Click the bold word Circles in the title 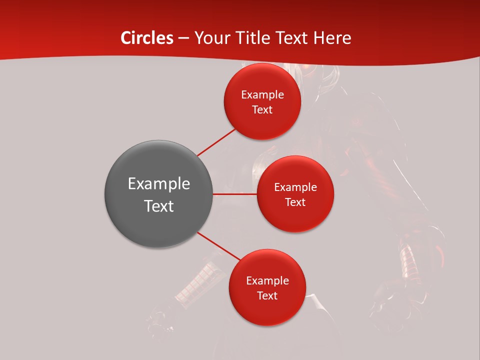[x=147, y=38]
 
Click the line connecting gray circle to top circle [x=216, y=142]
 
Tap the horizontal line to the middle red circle [x=234, y=194]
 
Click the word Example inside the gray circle [x=158, y=184]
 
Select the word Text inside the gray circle [x=158, y=206]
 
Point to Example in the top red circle [x=262, y=95]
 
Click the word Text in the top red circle [x=262, y=110]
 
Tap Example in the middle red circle [x=295, y=187]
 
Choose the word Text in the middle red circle [x=295, y=202]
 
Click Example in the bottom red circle [x=267, y=281]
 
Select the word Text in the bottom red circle [x=267, y=296]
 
